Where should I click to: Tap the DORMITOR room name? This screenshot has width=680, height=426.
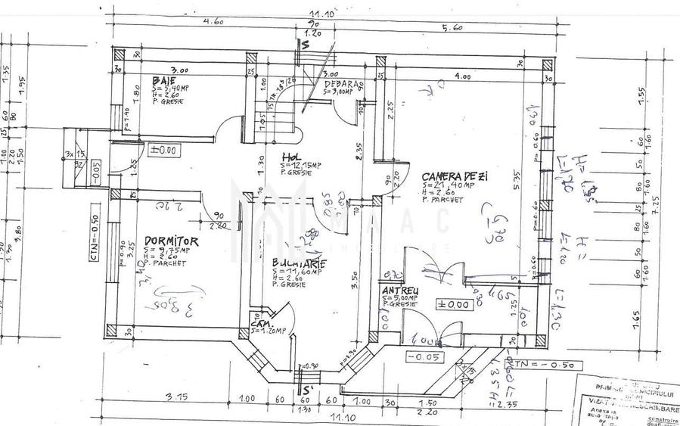(x=172, y=241)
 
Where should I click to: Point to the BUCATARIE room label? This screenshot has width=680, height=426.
(x=300, y=263)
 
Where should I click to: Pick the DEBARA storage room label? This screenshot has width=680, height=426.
(x=344, y=84)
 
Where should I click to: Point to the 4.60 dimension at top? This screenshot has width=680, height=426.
(x=213, y=23)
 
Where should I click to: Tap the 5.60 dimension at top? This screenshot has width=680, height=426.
(x=452, y=28)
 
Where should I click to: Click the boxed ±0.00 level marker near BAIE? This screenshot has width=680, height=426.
(x=163, y=150)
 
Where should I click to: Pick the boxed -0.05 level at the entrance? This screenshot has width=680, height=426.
(x=424, y=356)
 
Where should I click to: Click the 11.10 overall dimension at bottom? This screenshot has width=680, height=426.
(x=343, y=417)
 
